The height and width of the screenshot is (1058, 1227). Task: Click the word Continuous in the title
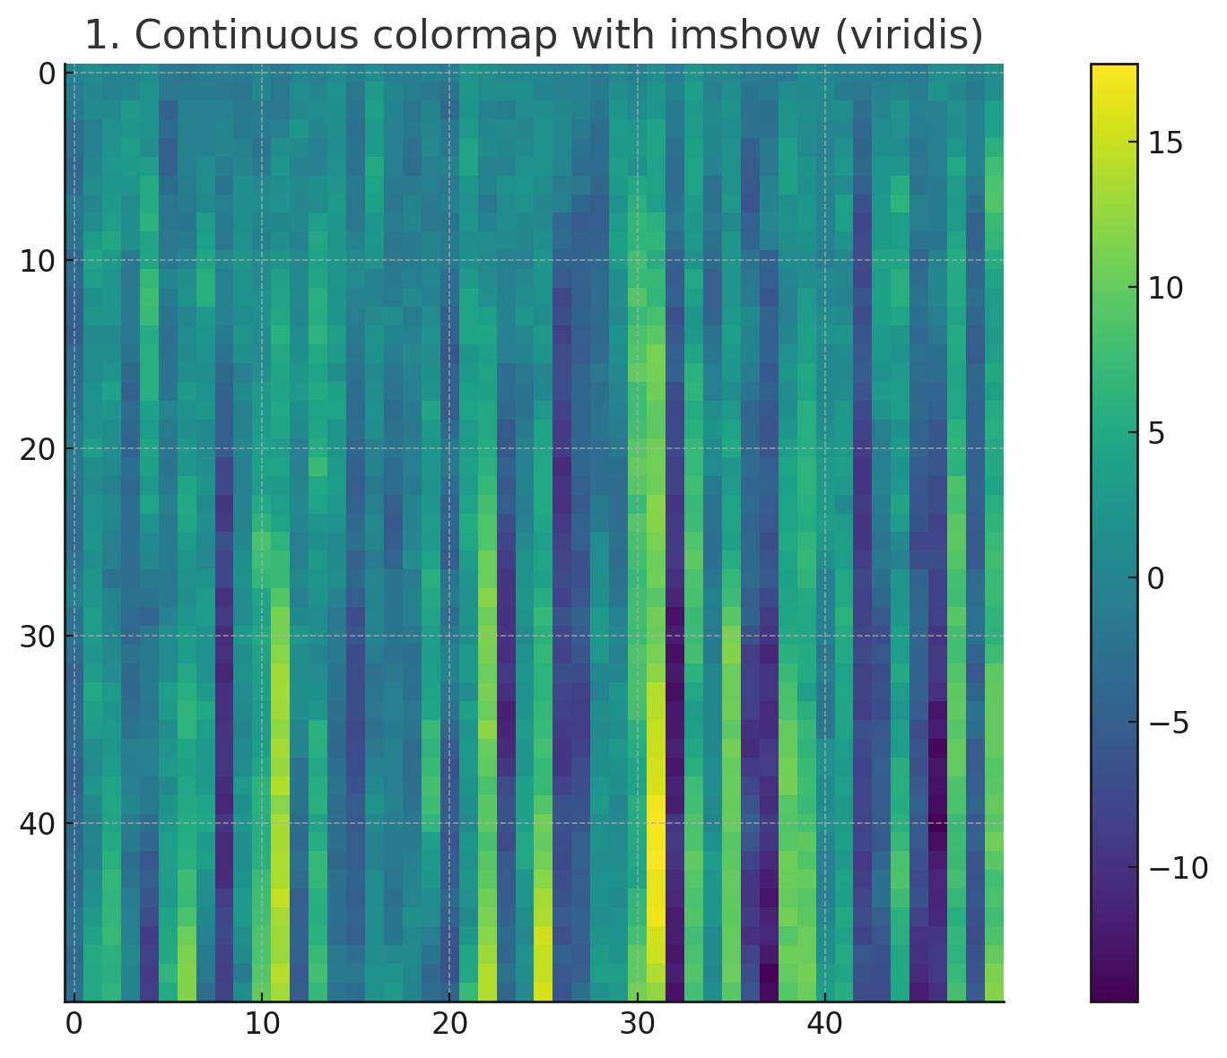point(229,36)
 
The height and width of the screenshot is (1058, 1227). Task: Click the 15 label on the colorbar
point(1163,143)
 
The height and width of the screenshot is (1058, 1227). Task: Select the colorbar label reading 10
point(1163,289)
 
